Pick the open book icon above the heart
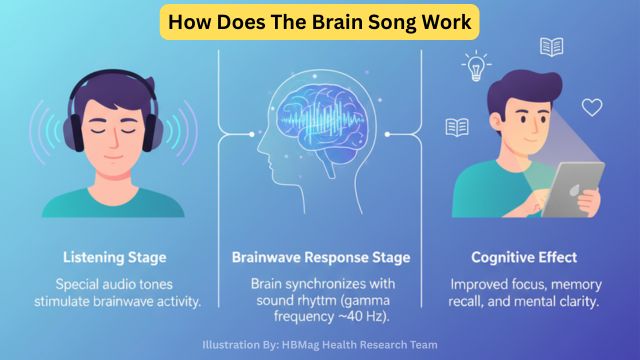[x=551, y=47]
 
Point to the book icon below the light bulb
[x=458, y=127]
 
